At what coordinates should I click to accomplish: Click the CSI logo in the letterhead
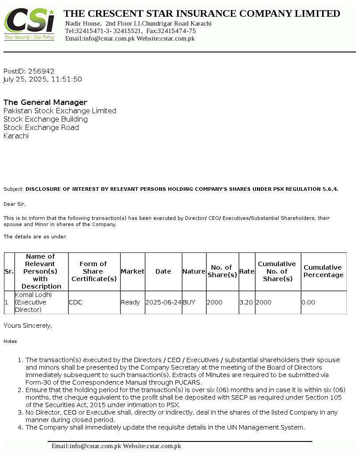pos(30,24)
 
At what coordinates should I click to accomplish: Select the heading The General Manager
pos(45,102)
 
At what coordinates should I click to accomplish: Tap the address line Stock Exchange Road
pos(41,127)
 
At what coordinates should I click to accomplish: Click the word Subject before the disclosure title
pos(13,189)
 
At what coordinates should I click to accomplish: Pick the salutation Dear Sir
pos(15,204)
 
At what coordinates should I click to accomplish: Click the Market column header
pos(133,271)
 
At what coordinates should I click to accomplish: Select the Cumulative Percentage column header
pos(323,271)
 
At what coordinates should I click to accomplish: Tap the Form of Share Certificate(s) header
pos(94,271)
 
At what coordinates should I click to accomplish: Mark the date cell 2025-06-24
pos(163,302)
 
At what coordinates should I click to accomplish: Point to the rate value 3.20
pos(246,302)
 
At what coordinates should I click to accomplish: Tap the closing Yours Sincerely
pos(28,326)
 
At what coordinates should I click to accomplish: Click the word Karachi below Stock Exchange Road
pos(16,136)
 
